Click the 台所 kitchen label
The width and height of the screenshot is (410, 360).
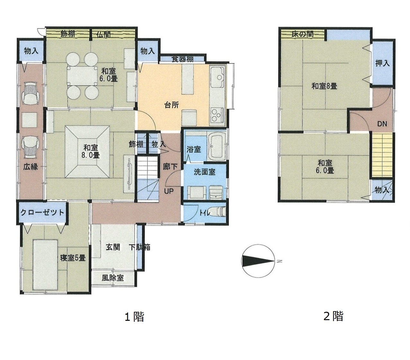click(x=171, y=105)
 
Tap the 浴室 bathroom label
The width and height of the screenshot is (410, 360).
click(x=193, y=149)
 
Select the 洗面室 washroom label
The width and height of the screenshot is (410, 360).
click(x=204, y=172)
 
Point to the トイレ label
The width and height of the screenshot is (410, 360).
click(x=205, y=213)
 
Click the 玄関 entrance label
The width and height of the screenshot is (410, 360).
click(x=113, y=247)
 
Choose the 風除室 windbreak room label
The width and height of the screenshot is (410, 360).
click(x=112, y=278)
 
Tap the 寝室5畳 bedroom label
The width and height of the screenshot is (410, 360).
click(x=73, y=258)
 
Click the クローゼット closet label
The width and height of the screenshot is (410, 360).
click(x=42, y=212)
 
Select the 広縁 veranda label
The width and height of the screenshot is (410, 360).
click(x=30, y=167)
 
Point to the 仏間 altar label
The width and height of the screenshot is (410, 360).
click(x=103, y=34)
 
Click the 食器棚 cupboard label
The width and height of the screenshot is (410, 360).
click(x=182, y=59)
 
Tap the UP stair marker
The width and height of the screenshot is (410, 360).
click(x=169, y=191)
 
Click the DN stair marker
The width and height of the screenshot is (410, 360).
click(x=382, y=124)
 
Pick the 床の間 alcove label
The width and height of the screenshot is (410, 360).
click(x=302, y=34)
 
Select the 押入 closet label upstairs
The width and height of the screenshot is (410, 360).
click(x=382, y=63)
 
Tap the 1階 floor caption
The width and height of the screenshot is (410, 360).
click(x=134, y=317)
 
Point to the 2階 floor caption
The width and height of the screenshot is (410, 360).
click(x=333, y=316)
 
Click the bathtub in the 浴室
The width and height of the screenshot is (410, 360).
click(x=217, y=146)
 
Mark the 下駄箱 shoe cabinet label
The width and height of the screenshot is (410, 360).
click(x=140, y=247)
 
